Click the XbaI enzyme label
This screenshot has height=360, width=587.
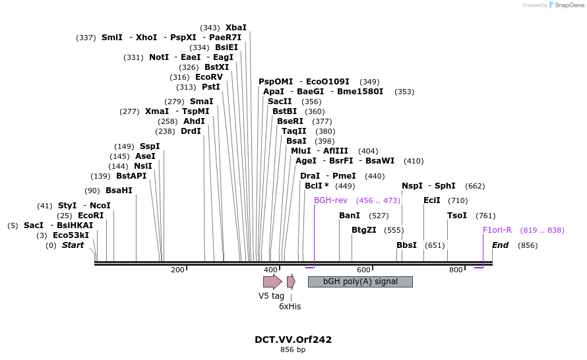(x=235, y=28)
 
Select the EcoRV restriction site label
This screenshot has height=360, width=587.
(x=209, y=77)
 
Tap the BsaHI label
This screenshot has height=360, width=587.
(x=119, y=191)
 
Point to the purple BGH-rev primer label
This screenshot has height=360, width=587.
(x=330, y=200)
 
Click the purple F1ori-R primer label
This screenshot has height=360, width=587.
(x=497, y=230)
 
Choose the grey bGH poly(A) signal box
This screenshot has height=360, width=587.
(x=360, y=282)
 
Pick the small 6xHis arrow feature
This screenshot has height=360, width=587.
(x=291, y=282)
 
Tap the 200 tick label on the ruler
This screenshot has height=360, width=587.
(x=177, y=270)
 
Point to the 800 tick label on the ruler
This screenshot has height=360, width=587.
(x=456, y=270)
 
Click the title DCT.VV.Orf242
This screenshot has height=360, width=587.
(x=293, y=340)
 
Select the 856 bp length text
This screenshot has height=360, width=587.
(x=293, y=350)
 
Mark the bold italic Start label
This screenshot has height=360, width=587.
(x=73, y=245)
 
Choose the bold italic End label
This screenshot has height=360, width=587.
(x=501, y=245)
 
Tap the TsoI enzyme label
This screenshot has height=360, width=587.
(x=457, y=216)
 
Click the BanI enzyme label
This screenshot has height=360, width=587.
(x=350, y=216)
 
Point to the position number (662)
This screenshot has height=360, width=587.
(x=475, y=186)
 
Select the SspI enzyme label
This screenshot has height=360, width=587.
(x=150, y=146)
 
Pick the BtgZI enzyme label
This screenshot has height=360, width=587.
(x=364, y=230)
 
